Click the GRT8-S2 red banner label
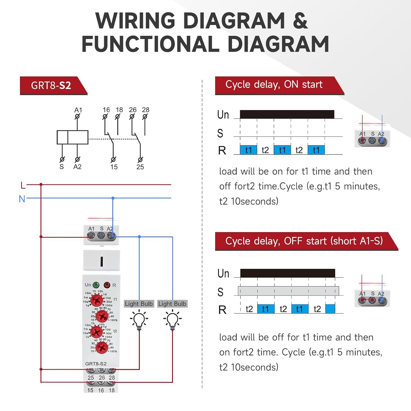pos(51,85)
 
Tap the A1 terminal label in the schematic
pos(78,110)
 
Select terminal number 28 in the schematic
pos(146,110)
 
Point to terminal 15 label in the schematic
pos(114,167)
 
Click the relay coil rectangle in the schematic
pos(73,137)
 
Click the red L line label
pos(23,186)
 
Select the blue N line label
pos(22,199)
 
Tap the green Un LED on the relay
pos(96,285)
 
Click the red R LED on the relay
pos(107,285)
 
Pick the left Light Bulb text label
pos(139,304)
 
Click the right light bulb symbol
pos(172,320)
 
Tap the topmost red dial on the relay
pos(97,300)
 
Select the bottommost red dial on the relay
pos(102,347)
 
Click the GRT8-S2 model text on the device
pos(96,364)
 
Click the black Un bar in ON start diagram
pos(287,114)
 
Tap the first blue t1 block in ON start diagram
pos(248,150)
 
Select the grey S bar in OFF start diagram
pos(288,291)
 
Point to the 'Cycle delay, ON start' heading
pos(274,84)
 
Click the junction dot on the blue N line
pos(113,198)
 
